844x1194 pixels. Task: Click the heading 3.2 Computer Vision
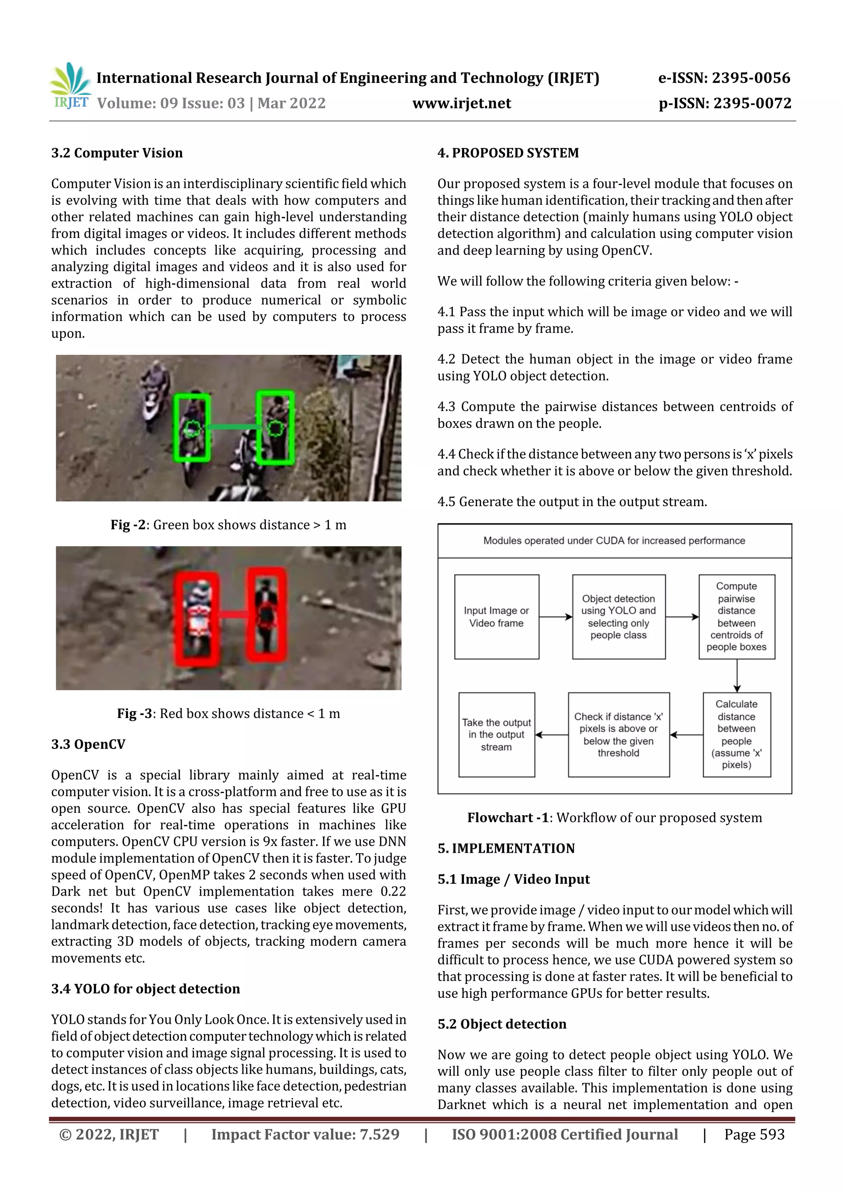click(x=117, y=153)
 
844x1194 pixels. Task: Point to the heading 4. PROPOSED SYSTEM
click(x=508, y=153)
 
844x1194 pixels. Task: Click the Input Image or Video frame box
click(x=496, y=617)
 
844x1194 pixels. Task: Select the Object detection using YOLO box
click(x=618, y=617)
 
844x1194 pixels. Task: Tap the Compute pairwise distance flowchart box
click(x=736, y=617)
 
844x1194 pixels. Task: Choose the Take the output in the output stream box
click(x=496, y=734)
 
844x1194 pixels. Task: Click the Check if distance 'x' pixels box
click(x=618, y=734)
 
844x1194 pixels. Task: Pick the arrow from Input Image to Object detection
click(x=556, y=617)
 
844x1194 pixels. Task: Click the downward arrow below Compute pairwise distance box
click(x=737, y=676)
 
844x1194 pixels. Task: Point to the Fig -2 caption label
click(x=128, y=525)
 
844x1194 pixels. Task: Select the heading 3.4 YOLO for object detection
click(x=145, y=989)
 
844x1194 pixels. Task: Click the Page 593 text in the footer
click(x=754, y=1134)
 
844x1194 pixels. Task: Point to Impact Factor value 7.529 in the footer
click(x=305, y=1134)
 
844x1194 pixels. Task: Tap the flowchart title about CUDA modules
click(x=614, y=541)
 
